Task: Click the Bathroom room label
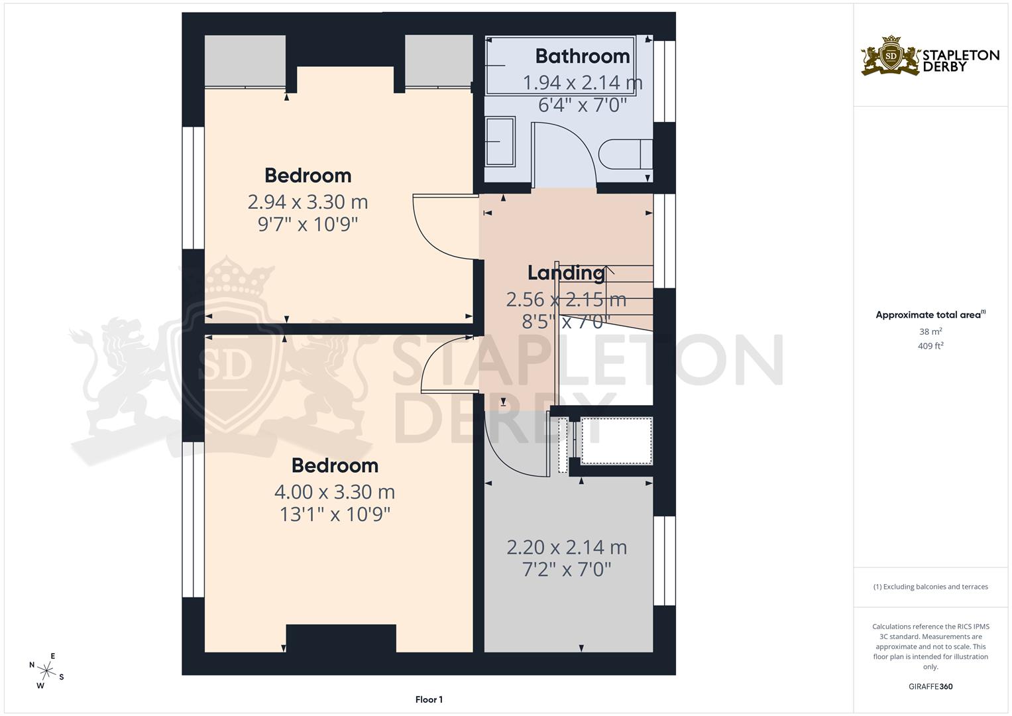click(x=582, y=56)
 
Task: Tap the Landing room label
click(x=565, y=272)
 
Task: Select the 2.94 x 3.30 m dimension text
click(x=308, y=202)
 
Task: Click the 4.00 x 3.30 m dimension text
click(x=334, y=492)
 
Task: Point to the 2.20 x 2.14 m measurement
click(x=566, y=548)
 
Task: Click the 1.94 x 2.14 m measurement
click(x=582, y=83)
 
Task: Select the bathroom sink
click(x=500, y=141)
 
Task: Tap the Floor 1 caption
click(x=429, y=699)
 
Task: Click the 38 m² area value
click(x=930, y=331)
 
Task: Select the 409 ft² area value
click(x=930, y=346)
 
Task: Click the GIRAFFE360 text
click(x=930, y=686)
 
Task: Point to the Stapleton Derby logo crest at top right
click(x=891, y=56)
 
